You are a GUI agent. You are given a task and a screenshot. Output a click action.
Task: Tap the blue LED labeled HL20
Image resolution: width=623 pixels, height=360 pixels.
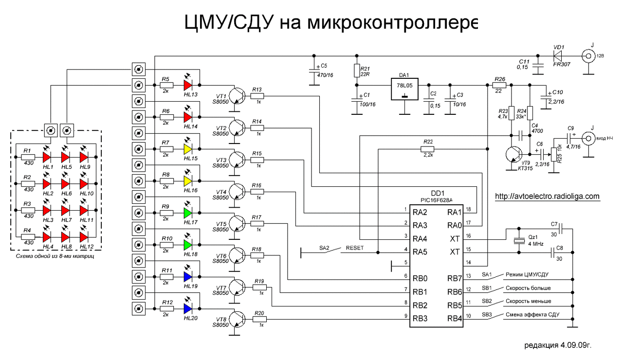188,308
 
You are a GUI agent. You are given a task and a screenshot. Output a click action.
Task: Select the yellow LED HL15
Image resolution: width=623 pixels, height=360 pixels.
188,148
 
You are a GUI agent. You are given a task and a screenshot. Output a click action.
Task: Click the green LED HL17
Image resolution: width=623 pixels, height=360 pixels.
188,213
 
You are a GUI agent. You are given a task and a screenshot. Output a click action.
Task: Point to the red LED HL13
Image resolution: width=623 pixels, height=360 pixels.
188,85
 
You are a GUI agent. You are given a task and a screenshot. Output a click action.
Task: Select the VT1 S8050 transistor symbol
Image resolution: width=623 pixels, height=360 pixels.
238,94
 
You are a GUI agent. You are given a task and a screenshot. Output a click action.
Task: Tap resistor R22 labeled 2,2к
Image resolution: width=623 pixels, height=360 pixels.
428,148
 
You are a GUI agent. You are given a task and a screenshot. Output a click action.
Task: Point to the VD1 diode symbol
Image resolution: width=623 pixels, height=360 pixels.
558,54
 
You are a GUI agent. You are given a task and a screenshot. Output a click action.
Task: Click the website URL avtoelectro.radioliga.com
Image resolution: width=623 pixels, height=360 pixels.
548,197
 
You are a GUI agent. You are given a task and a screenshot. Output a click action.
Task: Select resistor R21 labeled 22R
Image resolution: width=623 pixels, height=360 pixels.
357,71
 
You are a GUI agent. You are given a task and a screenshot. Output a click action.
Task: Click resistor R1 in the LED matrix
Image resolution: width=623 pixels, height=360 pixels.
28,157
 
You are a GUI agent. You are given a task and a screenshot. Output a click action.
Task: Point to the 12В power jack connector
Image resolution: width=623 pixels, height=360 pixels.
587,54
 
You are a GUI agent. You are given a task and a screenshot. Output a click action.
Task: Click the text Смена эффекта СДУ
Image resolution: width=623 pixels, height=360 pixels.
532,315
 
